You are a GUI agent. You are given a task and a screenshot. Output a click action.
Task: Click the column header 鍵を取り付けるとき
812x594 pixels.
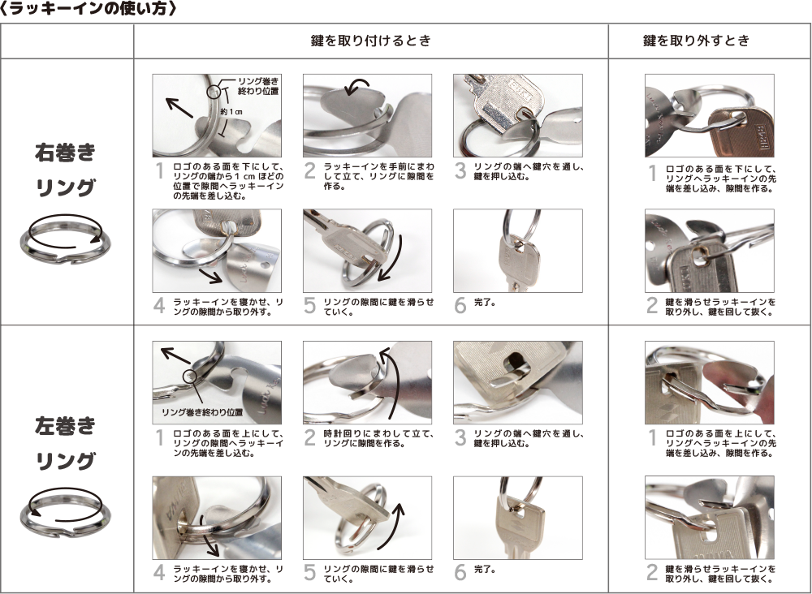click(x=371, y=41)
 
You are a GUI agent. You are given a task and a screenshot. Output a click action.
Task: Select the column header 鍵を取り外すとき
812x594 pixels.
click(x=697, y=41)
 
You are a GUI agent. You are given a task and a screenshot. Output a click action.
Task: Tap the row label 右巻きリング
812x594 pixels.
click(x=65, y=170)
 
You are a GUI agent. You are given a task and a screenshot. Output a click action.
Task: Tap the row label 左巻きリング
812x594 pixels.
click(x=65, y=443)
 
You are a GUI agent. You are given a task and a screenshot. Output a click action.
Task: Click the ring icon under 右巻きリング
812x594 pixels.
click(x=65, y=250)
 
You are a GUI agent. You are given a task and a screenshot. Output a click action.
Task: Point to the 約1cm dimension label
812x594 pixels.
click(x=231, y=112)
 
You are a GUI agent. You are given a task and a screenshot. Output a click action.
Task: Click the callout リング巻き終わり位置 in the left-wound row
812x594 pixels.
click(x=202, y=412)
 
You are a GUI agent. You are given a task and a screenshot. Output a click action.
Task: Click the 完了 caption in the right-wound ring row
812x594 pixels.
click(x=485, y=302)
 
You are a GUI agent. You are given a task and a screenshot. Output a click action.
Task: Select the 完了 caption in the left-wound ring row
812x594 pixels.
click(x=485, y=569)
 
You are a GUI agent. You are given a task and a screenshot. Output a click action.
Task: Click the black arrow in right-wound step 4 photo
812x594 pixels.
click(x=211, y=276)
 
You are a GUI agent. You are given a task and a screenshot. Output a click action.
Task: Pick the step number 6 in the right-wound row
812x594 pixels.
click(x=460, y=305)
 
